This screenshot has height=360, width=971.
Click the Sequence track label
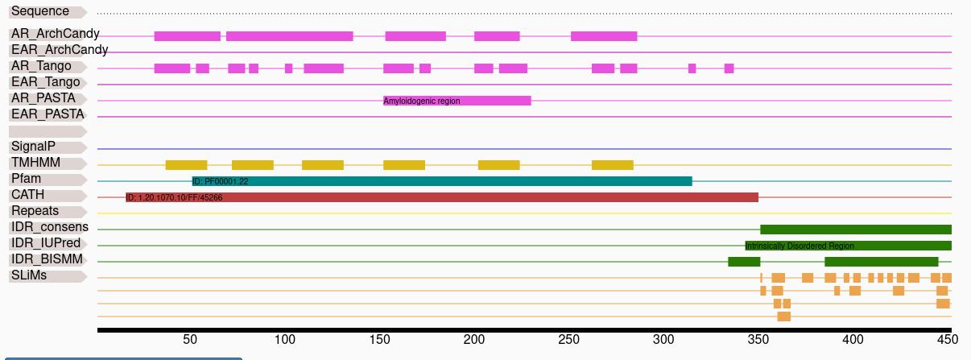coord(40,11)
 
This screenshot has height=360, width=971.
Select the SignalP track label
coord(33,147)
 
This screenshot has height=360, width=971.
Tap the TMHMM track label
coord(35,163)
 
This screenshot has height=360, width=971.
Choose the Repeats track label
coord(35,211)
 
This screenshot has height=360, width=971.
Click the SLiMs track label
coord(29,275)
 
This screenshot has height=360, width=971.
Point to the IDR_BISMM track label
coord(47,259)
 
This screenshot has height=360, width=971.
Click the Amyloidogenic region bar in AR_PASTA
coord(457,101)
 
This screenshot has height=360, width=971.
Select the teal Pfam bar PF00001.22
coord(442,181)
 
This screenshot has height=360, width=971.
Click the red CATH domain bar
coord(442,197)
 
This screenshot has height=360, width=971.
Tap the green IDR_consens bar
coord(856,230)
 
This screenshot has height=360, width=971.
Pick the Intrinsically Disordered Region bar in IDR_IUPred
coord(849,246)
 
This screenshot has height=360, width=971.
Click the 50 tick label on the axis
coord(190,339)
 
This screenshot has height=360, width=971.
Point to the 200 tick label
coord(473,339)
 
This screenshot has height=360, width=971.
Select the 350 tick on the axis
coord(758,339)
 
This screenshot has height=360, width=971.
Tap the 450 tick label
coord(947,339)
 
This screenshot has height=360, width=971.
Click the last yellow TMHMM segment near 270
coord(613,165)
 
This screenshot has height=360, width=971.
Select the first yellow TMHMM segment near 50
coord(187,165)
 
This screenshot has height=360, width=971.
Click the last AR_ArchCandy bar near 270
coord(604,36)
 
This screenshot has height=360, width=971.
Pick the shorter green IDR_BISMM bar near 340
coord(744,262)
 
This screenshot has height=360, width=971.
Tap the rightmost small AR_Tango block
coord(729,68)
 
